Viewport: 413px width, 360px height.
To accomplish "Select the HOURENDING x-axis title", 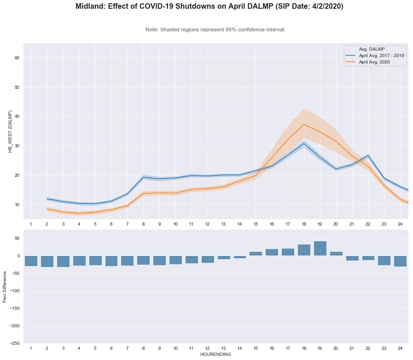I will [215, 354].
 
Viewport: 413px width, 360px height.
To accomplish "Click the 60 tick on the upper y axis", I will [17, 58].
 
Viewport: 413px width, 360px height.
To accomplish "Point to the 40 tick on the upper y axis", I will [17, 117].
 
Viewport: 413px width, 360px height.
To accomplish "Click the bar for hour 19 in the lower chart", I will [320, 249].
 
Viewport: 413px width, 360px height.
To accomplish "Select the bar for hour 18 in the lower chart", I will [304, 250].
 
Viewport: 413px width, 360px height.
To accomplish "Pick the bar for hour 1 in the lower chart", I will [31, 261].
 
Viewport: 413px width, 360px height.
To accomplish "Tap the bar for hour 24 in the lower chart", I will [400, 261].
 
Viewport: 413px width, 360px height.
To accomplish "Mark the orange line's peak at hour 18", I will [304, 124].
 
